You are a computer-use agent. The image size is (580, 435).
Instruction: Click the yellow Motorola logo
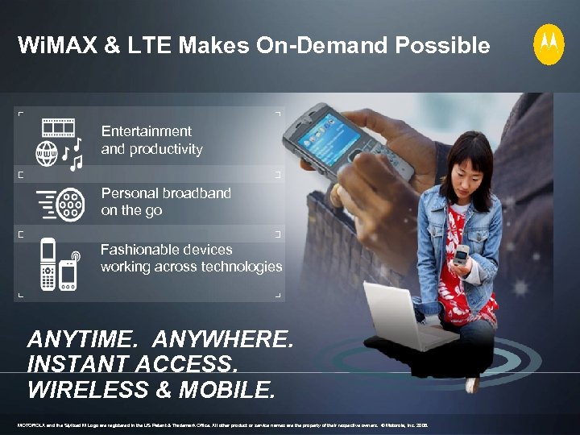tap(549, 44)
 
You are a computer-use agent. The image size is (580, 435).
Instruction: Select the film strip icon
tap(58, 127)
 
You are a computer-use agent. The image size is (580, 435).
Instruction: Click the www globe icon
tap(47, 153)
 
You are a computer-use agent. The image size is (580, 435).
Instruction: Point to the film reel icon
tap(72, 204)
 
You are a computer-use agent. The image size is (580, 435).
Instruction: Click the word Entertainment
tap(146, 131)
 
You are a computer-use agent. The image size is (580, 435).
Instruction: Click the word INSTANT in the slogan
tap(73, 365)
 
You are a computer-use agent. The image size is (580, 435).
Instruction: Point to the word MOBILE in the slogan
tap(227, 390)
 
